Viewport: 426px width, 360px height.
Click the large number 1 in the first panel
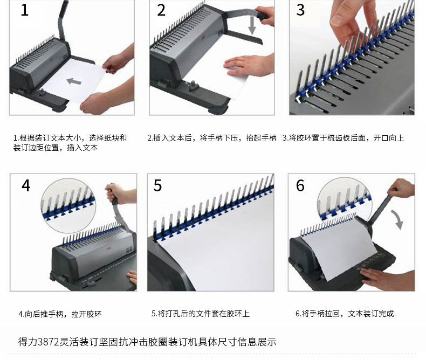click(25, 10)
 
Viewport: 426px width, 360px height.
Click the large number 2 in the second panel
click(161, 10)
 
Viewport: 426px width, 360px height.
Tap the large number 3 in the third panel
click(300, 10)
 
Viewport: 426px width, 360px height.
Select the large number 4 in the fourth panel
click(26, 185)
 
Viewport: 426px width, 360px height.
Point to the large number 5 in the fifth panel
click(157, 185)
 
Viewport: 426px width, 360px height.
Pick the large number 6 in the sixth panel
click(300, 185)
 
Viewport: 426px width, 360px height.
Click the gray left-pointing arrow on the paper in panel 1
click(74, 81)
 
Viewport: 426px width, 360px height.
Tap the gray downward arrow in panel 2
click(252, 25)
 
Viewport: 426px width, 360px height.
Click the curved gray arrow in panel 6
click(397, 219)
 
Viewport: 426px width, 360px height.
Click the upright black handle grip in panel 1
click(64, 8)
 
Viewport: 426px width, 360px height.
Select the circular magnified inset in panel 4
click(68, 205)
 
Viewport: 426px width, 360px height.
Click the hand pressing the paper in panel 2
click(249, 65)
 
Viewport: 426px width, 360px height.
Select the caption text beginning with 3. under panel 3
click(343, 138)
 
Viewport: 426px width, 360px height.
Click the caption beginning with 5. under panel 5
click(200, 314)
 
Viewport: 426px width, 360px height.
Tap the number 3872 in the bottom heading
click(49, 342)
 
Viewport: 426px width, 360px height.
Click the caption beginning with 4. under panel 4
click(60, 314)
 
